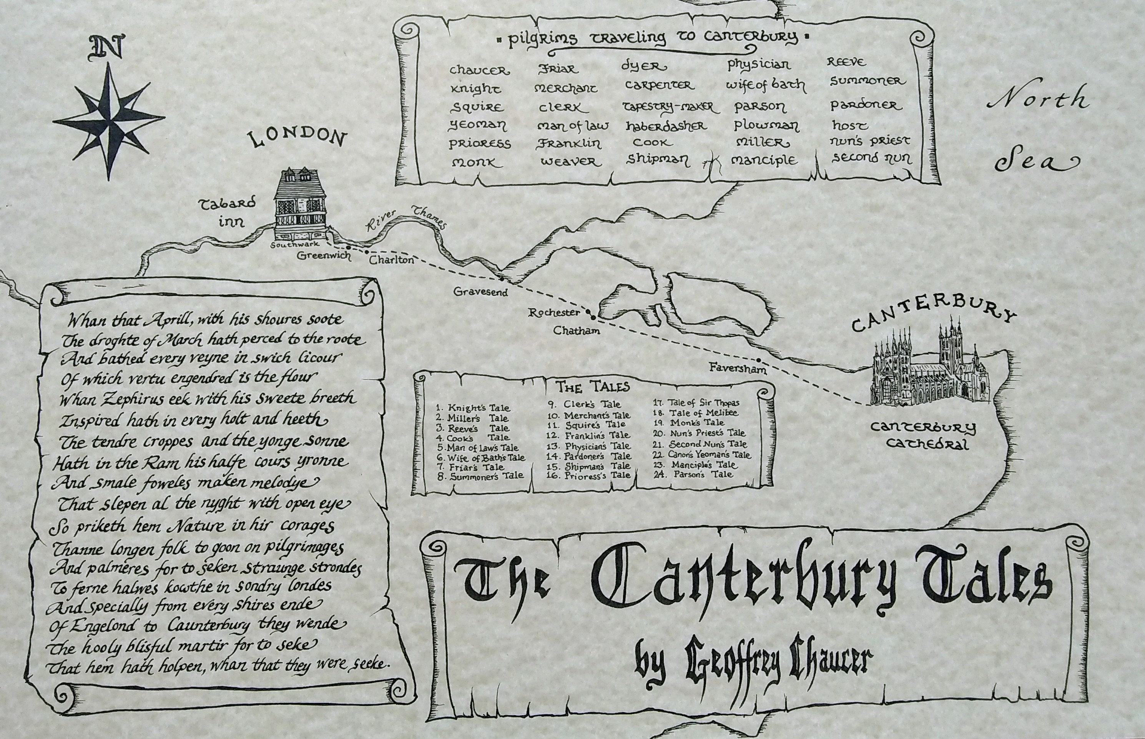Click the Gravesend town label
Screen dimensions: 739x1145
[480, 292]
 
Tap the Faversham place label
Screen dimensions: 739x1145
[738, 369]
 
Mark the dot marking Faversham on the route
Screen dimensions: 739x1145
[759, 360]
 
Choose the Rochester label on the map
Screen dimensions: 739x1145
[553, 313]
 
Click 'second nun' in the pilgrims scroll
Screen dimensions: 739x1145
[871, 158]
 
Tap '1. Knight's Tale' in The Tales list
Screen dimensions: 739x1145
[473, 408]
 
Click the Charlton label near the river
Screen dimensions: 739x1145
[391, 260]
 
